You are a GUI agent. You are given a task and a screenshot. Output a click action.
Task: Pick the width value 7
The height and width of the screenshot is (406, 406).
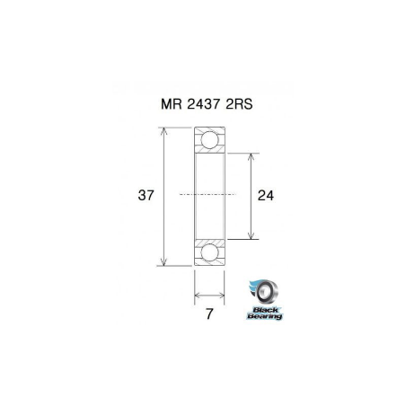tap(208, 315)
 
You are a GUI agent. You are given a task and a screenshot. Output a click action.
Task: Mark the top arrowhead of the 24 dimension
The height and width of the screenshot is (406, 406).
tap(250, 155)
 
